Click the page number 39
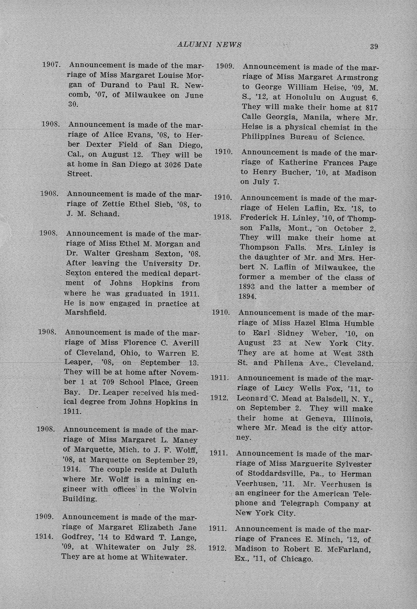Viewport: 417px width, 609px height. pyautogui.click(x=374, y=47)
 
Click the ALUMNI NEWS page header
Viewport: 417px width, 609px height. pyautogui.click(x=209, y=45)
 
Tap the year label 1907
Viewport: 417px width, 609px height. pyautogui.click(x=51, y=65)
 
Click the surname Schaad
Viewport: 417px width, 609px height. pyautogui.click(x=105, y=214)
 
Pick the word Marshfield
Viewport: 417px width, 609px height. pyautogui.click(x=85, y=312)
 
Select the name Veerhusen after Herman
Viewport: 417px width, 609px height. pyautogui.click(x=251, y=483)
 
